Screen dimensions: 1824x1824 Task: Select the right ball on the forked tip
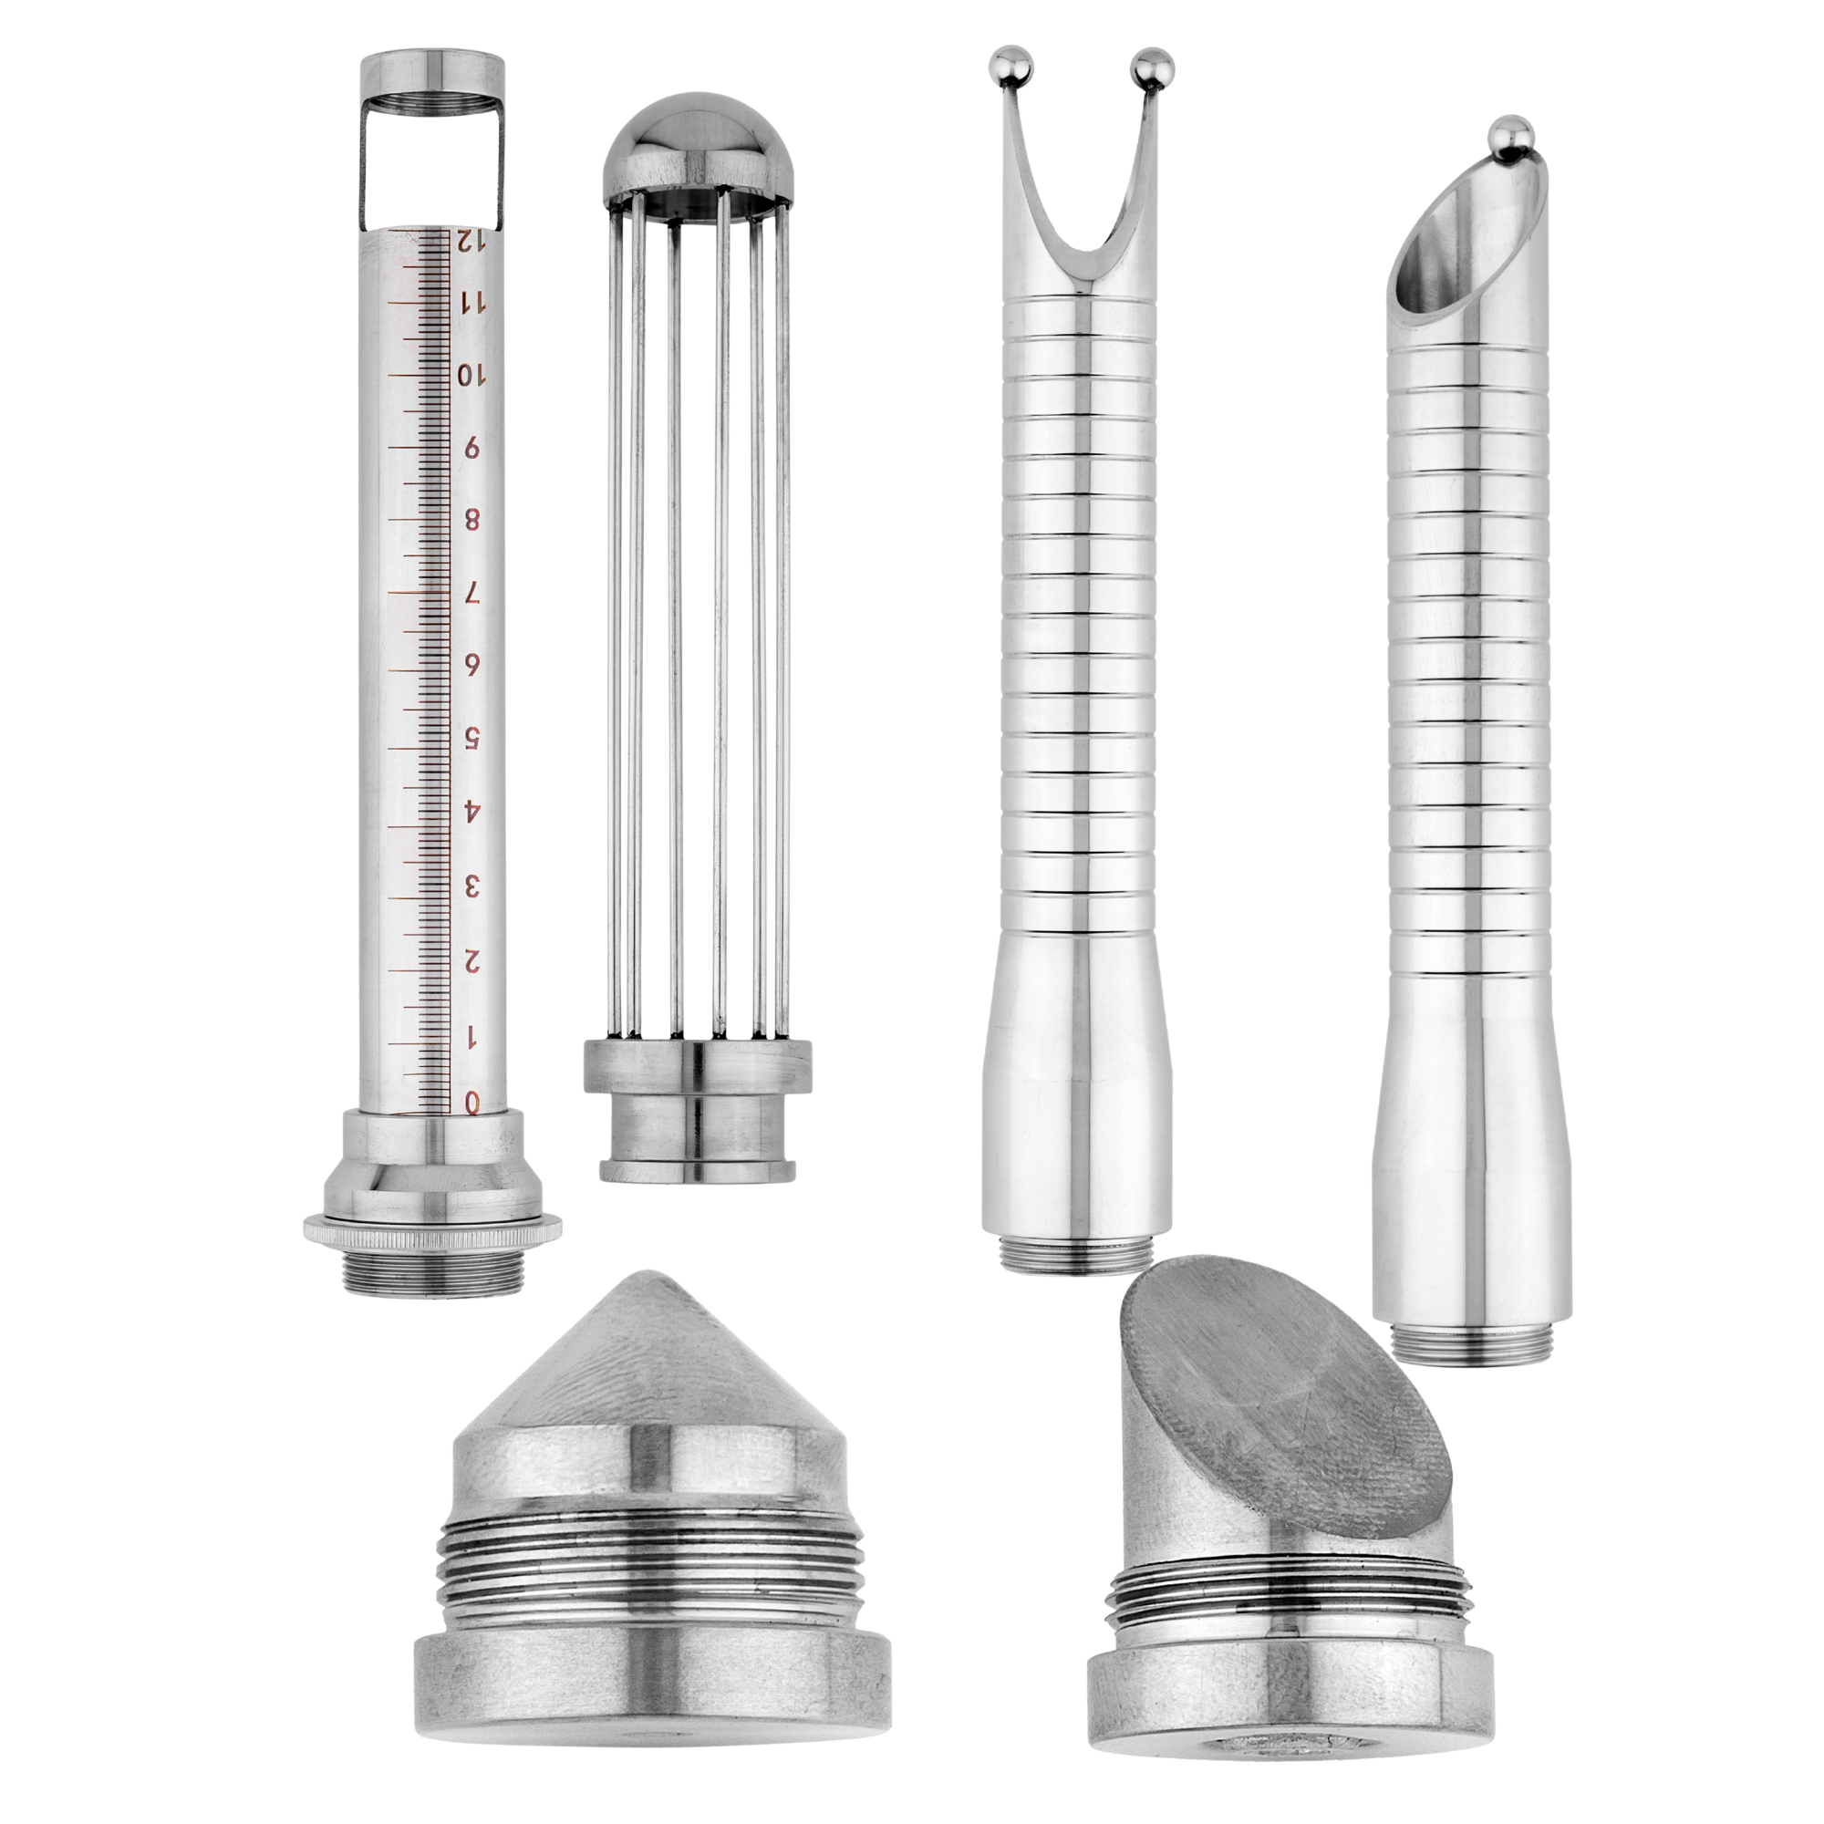tap(1154, 66)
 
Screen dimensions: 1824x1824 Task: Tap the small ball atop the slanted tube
tap(1511, 132)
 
